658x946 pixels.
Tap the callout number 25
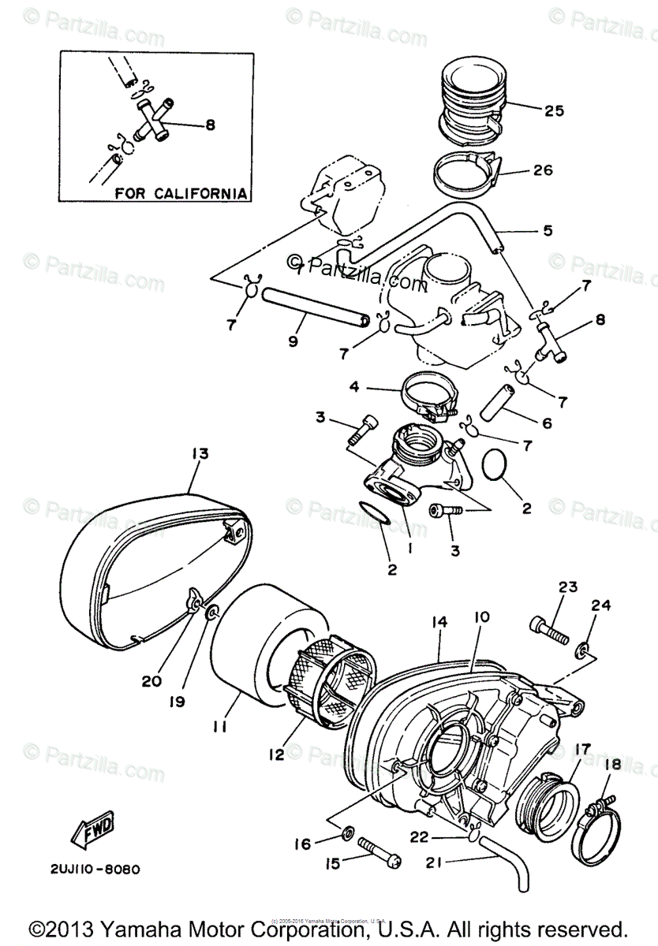click(x=554, y=110)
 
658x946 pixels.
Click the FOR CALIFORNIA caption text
click(x=181, y=192)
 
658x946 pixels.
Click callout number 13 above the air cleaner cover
click(x=199, y=453)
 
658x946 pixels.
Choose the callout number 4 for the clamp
click(x=354, y=388)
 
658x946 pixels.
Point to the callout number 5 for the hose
click(x=547, y=231)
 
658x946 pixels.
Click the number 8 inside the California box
click(x=209, y=124)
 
